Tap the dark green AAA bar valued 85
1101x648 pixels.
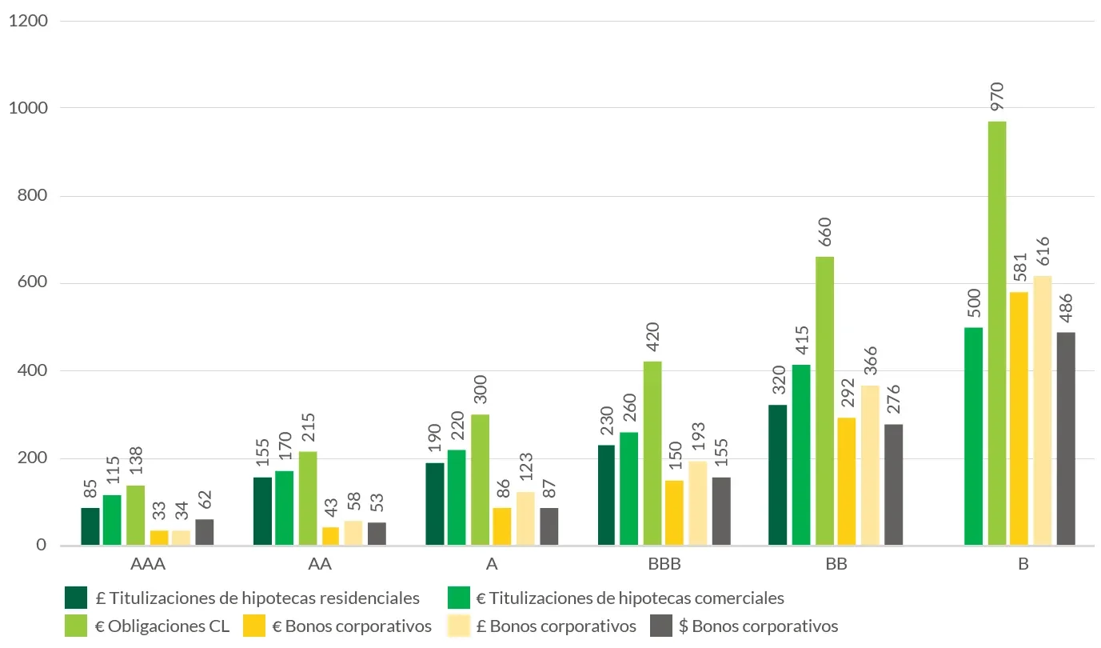click(90, 526)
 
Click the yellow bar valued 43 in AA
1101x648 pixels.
click(330, 536)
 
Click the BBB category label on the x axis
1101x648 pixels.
click(664, 564)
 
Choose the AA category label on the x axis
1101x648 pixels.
click(320, 564)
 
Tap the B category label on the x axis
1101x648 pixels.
click(1023, 564)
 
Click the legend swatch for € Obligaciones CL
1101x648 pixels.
click(76, 626)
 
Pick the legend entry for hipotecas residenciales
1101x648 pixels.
click(264, 598)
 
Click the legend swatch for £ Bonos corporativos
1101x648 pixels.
click(460, 626)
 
